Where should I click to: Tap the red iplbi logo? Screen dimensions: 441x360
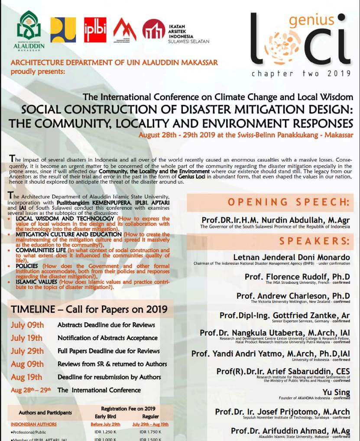94,29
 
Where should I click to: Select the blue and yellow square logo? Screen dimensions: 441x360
63,29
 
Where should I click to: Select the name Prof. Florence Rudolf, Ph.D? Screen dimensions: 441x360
297,277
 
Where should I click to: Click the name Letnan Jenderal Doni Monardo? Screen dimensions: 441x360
291,257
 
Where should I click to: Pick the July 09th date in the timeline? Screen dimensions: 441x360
27,325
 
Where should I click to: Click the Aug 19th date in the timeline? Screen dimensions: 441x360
26,377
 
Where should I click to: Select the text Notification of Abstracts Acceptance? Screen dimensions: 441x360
107,338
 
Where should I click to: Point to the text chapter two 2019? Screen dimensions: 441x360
301,73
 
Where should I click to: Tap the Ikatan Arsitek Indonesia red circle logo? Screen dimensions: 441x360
153,29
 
